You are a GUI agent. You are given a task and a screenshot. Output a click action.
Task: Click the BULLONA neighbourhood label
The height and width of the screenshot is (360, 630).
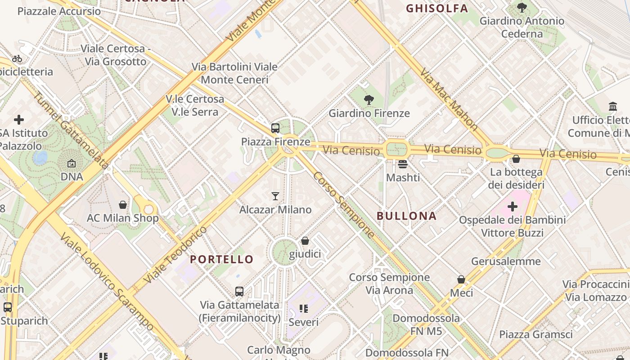point(406,216)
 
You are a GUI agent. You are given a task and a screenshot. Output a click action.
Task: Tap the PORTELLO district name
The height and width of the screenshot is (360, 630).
point(222,259)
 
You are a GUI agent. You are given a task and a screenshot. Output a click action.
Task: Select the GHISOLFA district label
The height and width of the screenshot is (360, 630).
point(437,8)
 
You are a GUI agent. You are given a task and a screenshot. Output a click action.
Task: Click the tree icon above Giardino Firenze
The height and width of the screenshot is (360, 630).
point(369,100)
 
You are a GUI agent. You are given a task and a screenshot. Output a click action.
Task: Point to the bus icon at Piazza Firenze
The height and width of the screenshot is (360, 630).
point(275,128)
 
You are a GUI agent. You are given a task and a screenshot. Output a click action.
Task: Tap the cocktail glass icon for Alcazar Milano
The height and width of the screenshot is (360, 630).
point(275,196)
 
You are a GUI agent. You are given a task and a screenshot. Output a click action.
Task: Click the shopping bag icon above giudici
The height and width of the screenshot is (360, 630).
point(305,241)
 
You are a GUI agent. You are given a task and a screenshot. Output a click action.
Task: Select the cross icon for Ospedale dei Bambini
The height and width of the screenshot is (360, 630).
point(512,207)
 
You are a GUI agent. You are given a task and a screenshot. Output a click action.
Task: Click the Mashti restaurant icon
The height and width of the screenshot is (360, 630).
point(403,164)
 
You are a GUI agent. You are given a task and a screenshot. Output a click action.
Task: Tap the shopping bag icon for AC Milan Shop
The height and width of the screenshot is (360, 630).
point(123,205)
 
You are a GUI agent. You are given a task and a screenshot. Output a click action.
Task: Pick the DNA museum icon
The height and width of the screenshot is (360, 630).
point(72,164)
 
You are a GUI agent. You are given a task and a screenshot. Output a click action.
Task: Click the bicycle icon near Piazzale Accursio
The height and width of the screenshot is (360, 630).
point(17,58)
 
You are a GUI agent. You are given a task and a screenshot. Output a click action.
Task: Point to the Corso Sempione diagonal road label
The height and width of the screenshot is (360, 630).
point(344,205)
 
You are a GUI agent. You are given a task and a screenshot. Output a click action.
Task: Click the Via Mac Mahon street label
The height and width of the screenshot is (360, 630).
point(449,99)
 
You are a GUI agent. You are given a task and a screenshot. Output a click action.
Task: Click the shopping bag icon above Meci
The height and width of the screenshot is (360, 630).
point(461,280)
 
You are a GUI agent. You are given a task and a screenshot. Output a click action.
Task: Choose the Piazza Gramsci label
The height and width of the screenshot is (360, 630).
point(535,334)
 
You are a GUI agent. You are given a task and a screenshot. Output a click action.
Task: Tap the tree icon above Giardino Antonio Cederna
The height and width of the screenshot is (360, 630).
point(522,8)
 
